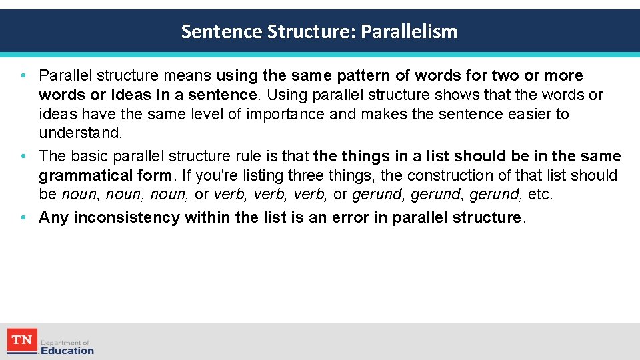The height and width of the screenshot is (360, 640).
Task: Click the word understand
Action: [x=80, y=133]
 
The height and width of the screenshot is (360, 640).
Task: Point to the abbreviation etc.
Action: [x=540, y=195]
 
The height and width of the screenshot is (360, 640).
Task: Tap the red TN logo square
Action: [x=22, y=341]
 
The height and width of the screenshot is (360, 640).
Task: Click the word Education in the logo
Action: [x=67, y=350]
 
